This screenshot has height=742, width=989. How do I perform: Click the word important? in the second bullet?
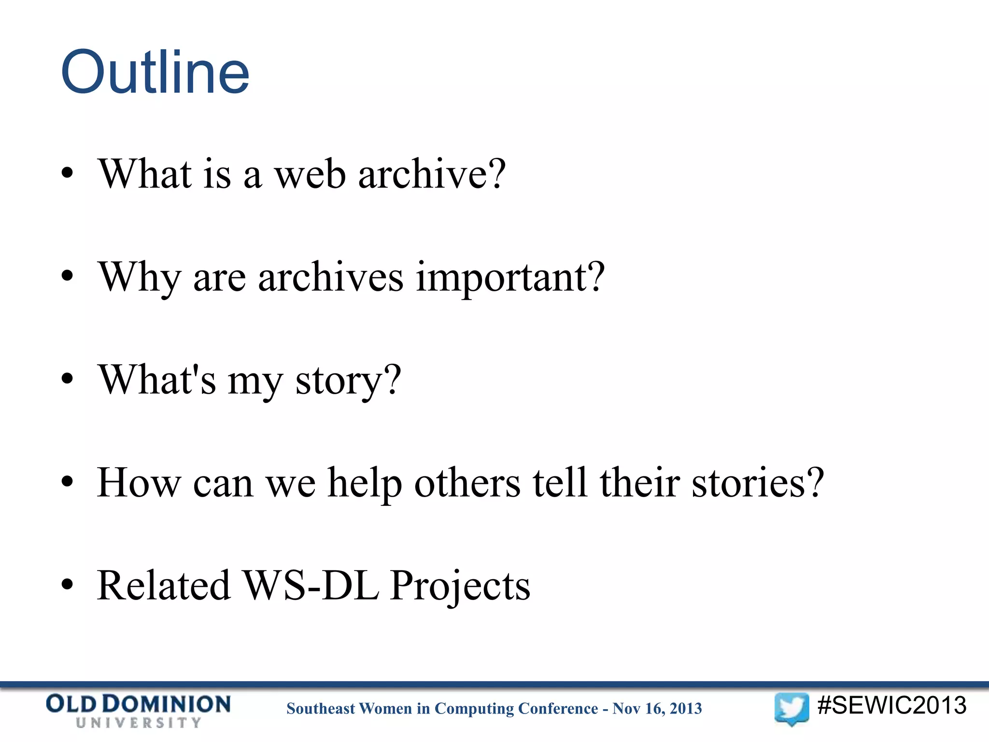[x=510, y=277]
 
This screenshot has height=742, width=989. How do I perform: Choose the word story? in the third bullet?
[x=348, y=381]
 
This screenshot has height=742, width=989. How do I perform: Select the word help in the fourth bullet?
[x=365, y=483]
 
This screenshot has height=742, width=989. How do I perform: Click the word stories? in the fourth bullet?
[x=758, y=483]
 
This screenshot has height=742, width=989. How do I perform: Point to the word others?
[x=467, y=483]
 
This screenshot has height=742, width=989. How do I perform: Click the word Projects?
[x=460, y=586]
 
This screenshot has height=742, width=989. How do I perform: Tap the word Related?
[x=164, y=585]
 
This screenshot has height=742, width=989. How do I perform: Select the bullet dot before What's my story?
[x=67, y=379]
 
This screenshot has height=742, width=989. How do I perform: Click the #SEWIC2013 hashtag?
[x=891, y=705]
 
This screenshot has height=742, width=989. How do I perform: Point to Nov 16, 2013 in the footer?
[x=657, y=709]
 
